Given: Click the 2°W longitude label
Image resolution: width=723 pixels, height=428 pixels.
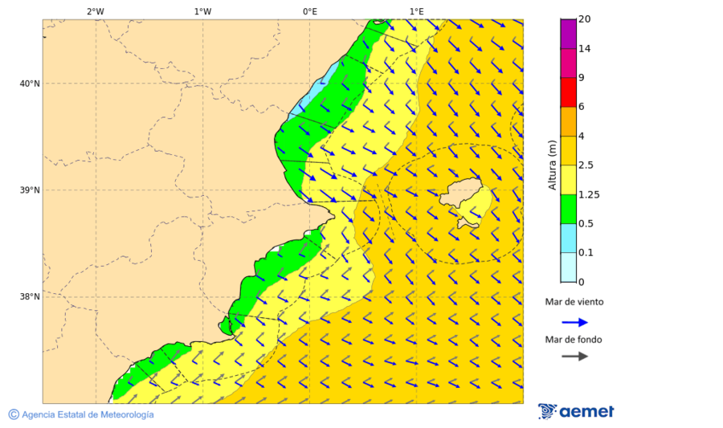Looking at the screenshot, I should coord(95,11).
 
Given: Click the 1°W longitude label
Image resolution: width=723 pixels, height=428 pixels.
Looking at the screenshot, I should coord(202,11).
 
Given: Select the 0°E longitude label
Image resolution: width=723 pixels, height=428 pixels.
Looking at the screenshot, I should coord(309,11).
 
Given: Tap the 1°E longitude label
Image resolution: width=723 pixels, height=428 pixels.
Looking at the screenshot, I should coord(416,11).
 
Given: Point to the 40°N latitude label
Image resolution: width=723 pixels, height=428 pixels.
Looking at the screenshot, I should coord(29,84).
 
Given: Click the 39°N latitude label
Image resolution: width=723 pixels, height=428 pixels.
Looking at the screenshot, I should coord(29,190).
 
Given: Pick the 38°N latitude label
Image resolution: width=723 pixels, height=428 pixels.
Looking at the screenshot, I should coord(29,297).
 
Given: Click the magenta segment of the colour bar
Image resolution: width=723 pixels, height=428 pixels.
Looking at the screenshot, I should coord(568,34).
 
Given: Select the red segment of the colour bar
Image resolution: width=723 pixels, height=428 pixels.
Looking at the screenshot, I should coord(568,92).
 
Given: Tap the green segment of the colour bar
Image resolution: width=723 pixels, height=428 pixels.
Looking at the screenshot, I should coord(568,209).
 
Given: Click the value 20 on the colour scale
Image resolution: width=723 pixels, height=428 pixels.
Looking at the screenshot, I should coord(585,20).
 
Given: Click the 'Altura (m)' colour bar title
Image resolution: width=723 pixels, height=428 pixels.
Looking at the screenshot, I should coord(552,165).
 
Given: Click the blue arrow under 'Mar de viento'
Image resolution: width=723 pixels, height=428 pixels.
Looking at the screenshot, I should coord(574,322).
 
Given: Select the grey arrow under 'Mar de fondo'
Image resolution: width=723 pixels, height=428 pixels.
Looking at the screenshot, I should coord(574,356).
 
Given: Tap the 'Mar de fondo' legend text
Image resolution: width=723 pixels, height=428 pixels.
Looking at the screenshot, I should coord(573,339).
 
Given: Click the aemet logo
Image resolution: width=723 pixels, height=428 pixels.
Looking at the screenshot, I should coord(576,411).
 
